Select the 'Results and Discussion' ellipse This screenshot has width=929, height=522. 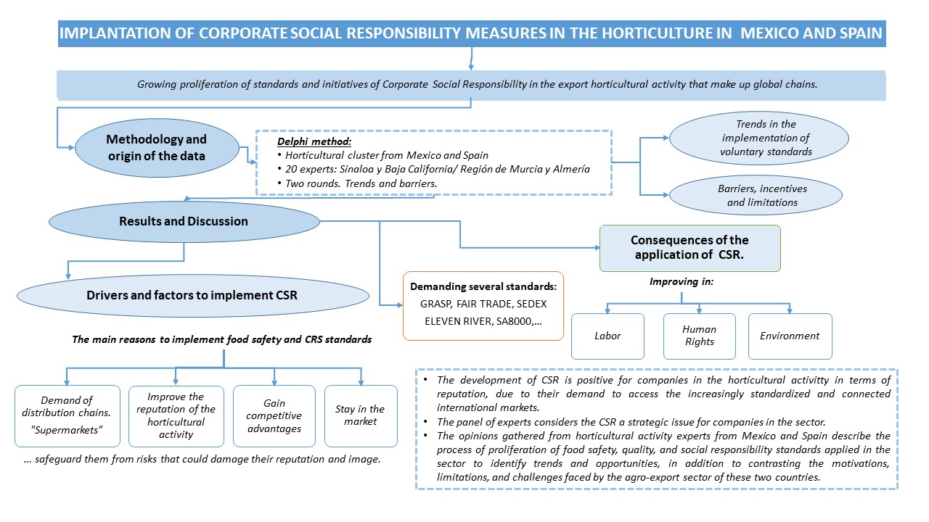(184, 221)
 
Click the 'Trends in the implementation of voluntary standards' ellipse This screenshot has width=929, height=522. (758, 138)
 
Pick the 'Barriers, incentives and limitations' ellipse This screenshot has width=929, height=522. (756, 195)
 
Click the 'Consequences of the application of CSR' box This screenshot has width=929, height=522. (689, 247)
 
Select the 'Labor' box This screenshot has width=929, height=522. (607, 336)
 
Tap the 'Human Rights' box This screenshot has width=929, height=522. (699, 336)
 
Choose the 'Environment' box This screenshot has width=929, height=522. (790, 336)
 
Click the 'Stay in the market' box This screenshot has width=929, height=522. (361, 415)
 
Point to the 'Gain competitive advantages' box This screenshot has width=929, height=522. (274, 415)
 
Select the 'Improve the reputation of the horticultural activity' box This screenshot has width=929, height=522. (176, 415)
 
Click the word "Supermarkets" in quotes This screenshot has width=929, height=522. (67, 428)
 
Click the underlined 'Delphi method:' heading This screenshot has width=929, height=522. (310, 142)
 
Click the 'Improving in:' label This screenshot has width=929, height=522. (682, 281)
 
